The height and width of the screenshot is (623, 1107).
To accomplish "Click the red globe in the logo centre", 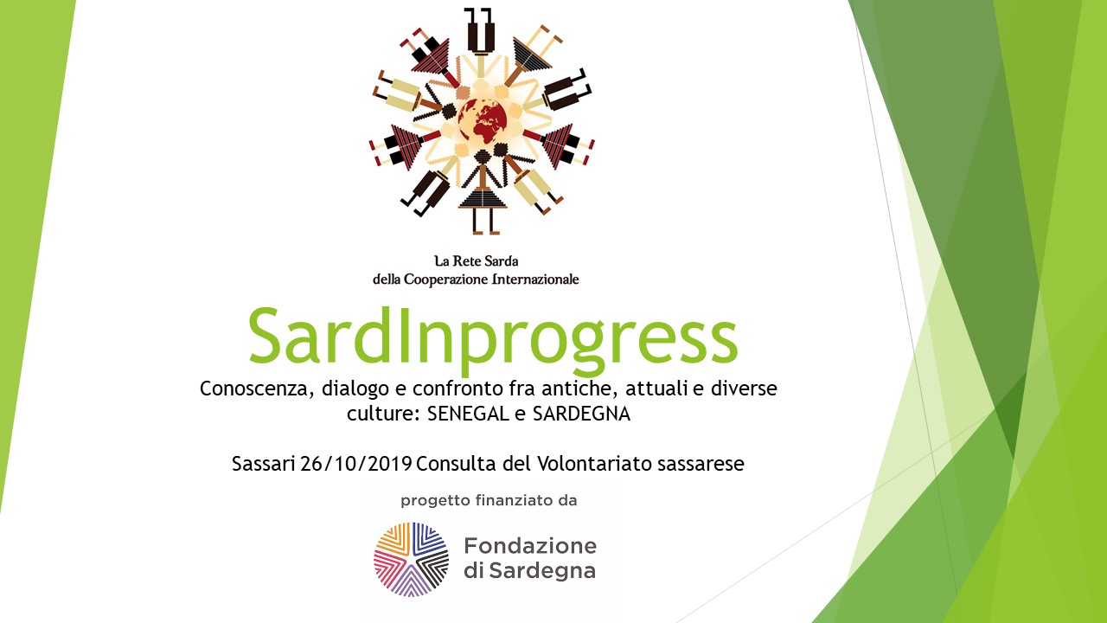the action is tap(483, 121).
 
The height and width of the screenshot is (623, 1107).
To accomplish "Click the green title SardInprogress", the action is tap(493, 338).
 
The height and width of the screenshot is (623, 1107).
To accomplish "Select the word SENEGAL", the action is tap(468, 414).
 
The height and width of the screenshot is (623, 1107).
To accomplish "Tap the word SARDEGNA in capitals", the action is tap(581, 414).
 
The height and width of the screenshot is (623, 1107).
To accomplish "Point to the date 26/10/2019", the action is tap(355, 464).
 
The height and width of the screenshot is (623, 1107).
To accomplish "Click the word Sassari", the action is tap(264, 464).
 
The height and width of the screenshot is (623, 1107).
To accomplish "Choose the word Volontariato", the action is tap(595, 464).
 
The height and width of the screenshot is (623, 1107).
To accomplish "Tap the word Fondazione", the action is tap(530, 546).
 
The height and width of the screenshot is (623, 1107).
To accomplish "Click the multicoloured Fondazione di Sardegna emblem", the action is tap(411, 559).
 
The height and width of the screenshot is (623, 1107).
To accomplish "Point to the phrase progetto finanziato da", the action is tap(489, 501).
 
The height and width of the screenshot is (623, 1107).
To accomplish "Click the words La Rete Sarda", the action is tap(477, 260).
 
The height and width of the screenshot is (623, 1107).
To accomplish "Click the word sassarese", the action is tap(701, 465).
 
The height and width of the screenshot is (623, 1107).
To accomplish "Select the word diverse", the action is tap(744, 389).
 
